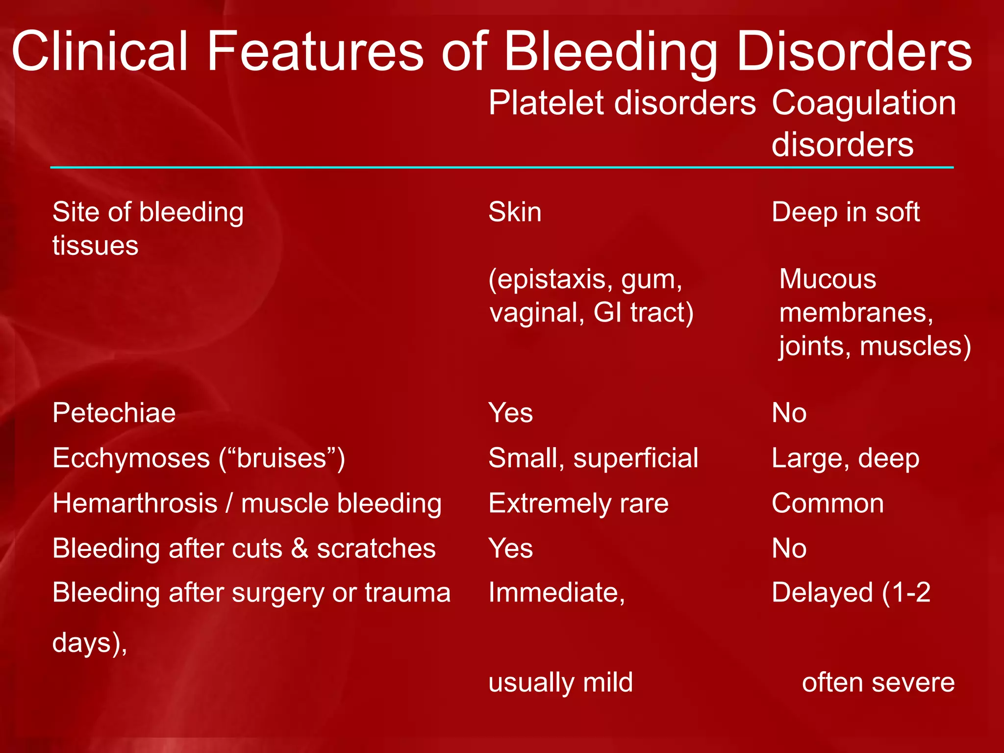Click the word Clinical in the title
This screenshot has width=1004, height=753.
(x=100, y=51)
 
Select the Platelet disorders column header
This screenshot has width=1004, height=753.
(x=622, y=103)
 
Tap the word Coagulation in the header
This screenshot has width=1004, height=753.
(x=864, y=103)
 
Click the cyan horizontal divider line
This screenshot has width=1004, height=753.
(x=502, y=168)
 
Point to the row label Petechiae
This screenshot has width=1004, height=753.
(x=114, y=413)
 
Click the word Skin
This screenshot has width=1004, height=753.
(x=515, y=212)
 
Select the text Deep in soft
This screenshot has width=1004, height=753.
(x=845, y=212)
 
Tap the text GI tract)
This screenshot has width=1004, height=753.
(x=643, y=313)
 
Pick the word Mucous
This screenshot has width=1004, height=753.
(x=828, y=279)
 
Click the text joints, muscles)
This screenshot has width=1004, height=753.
(x=875, y=346)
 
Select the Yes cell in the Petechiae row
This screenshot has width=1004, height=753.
(x=510, y=413)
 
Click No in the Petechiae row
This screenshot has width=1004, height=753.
(x=789, y=413)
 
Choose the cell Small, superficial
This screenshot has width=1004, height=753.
(x=593, y=458)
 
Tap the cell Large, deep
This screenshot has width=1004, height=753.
(x=845, y=458)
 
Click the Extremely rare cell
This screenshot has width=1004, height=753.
(x=578, y=503)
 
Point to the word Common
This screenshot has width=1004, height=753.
(x=828, y=503)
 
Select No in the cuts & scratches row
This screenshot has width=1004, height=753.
(x=789, y=548)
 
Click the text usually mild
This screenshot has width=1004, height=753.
(x=560, y=682)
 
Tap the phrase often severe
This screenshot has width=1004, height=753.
(x=878, y=682)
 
